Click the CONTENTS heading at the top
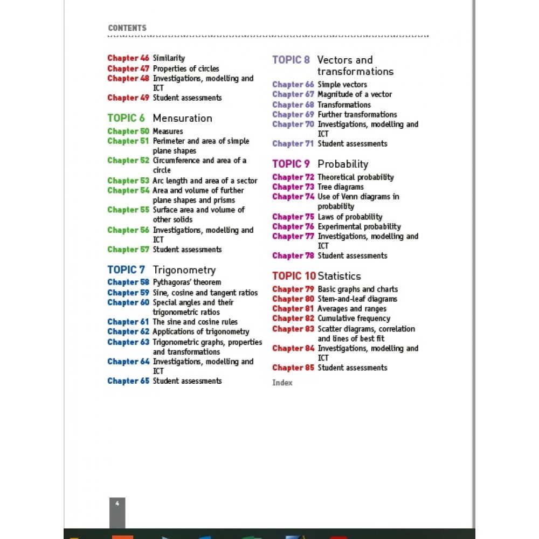[x=127, y=28]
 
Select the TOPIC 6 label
[x=126, y=118]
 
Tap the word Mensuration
[x=182, y=118]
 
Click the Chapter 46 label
[x=128, y=58]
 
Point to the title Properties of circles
[x=186, y=68]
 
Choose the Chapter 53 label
[x=128, y=181]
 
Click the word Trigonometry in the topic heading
[x=184, y=270]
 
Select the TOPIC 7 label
[x=126, y=270]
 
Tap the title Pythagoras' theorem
[x=186, y=282]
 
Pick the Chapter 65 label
[x=128, y=381]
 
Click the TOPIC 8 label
[x=291, y=60]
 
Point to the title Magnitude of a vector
[x=355, y=94]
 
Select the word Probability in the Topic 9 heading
[x=343, y=164]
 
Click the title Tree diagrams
[x=341, y=187]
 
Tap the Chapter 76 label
[x=293, y=227]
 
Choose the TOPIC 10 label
[x=294, y=276]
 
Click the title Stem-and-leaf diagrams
[x=357, y=299]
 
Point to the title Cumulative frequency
[x=354, y=319]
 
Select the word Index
[x=282, y=383]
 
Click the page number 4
[x=117, y=503]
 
